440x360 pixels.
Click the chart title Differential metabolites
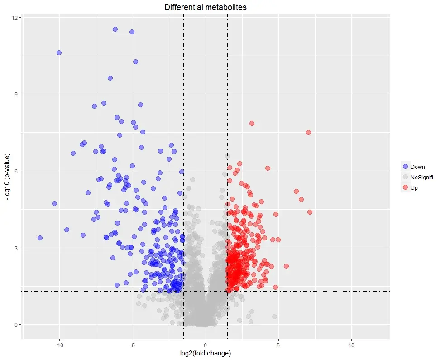pyautogui.click(x=206, y=7)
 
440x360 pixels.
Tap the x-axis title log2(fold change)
pyautogui.click(x=206, y=353)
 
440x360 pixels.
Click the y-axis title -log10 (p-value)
pyautogui.click(x=7, y=177)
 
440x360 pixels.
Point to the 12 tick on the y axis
pyautogui.click(x=14, y=18)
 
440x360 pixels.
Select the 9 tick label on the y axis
pyautogui.click(x=16, y=94)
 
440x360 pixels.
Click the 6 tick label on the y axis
pyautogui.click(x=16, y=171)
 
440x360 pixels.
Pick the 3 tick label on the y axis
pyautogui.click(x=16, y=248)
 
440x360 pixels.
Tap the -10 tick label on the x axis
pyautogui.click(x=59, y=345)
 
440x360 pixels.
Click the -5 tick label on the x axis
pyautogui.click(x=133, y=345)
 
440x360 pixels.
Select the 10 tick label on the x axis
pyautogui.click(x=351, y=345)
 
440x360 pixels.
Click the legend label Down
pyautogui.click(x=417, y=167)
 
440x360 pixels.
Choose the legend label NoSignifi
pyautogui.click(x=422, y=177)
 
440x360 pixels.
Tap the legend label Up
pyautogui.click(x=414, y=187)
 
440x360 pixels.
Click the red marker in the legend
pyautogui.click(x=405, y=187)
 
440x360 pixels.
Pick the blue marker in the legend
pyautogui.click(x=405, y=167)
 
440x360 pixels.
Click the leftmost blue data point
pyautogui.click(x=40, y=238)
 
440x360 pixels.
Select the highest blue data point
pyautogui.click(x=115, y=29)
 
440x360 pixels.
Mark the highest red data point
pyautogui.click(x=252, y=124)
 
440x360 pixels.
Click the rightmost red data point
pyautogui.click(x=310, y=212)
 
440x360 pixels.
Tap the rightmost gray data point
pyautogui.click(x=274, y=317)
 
